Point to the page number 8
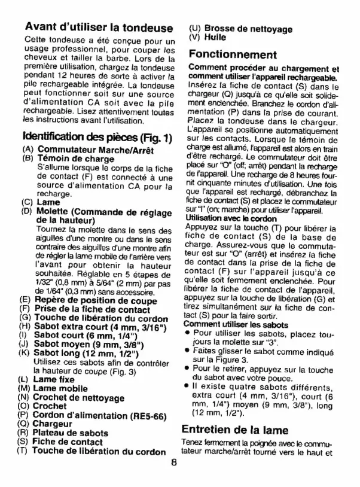pyautogui.click(x=173, y=462)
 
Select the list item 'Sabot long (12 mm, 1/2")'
pyautogui.click(x=87, y=353)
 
